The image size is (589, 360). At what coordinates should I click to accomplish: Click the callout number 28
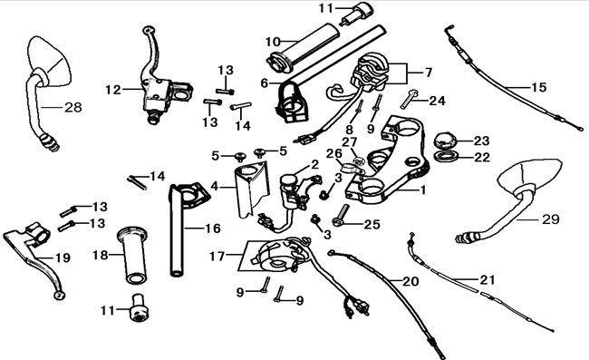(72, 107)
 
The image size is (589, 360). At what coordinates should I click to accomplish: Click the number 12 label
(112, 89)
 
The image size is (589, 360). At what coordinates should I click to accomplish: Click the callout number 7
(429, 72)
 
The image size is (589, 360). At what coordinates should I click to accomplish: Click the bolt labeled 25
(341, 218)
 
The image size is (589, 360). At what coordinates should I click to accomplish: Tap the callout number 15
(538, 87)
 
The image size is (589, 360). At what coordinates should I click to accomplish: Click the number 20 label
(410, 282)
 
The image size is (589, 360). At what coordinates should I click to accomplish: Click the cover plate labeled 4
(251, 189)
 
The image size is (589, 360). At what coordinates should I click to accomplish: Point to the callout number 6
(265, 83)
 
